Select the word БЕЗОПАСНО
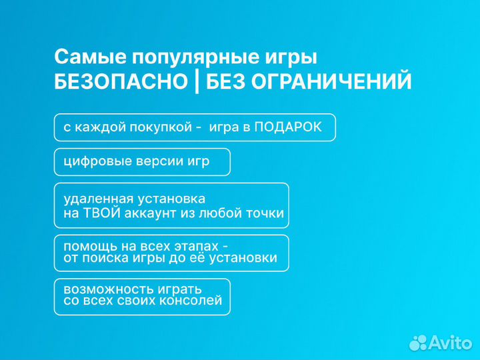pos(121,82)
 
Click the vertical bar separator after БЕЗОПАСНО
pos(197,82)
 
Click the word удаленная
pos(98,199)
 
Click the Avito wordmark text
pos(450,343)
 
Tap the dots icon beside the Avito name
pos(418,343)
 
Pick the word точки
pos(266,213)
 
